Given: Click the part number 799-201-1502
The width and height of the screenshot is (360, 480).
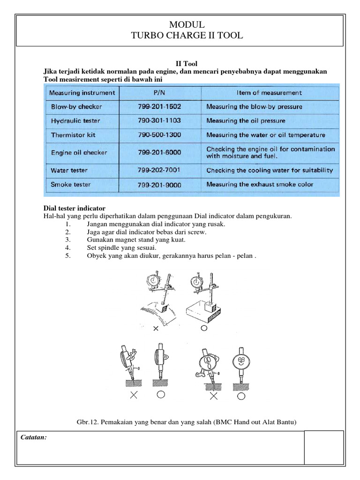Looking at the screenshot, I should (x=159, y=106).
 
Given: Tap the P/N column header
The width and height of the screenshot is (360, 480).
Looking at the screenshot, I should (x=159, y=93).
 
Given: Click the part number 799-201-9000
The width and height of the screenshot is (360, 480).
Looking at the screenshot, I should (x=159, y=185).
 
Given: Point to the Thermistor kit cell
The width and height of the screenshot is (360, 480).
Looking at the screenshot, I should (x=73, y=135).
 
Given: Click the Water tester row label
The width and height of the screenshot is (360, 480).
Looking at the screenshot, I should (x=69, y=170).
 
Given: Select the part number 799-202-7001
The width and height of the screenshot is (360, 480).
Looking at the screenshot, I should (x=159, y=170).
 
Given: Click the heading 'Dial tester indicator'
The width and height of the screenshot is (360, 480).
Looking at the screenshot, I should (x=74, y=208).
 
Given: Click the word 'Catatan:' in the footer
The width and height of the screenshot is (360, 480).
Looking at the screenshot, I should (x=33, y=437).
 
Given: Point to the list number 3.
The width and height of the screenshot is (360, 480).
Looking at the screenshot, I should (x=68, y=240).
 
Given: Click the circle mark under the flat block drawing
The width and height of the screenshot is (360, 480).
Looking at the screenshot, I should (x=203, y=329).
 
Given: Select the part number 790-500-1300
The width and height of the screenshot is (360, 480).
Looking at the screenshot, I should (x=159, y=135).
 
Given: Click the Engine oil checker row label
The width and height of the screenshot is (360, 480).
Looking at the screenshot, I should (x=79, y=153).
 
